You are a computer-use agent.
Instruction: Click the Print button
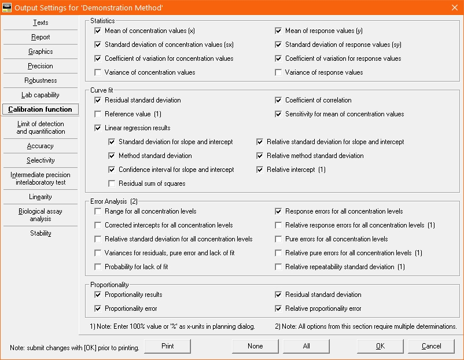pos(167,346)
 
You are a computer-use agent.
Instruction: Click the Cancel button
pos(431,346)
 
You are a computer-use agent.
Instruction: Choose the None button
pos(255,346)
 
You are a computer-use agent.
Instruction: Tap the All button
pos(306,346)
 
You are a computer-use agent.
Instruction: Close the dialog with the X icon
pos(454,7)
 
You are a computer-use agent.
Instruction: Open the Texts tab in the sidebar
pos(40,23)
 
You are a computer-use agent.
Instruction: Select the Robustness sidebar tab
pos(40,80)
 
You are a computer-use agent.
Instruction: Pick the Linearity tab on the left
pos(40,197)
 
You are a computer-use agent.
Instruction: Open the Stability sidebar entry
pos(40,233)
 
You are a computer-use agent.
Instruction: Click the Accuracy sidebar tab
pos(40,146)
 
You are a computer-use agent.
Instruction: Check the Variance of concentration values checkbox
pos(98,72)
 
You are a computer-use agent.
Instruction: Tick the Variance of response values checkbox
pos(278,72)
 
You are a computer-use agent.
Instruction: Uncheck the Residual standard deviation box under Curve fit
pos(98,100)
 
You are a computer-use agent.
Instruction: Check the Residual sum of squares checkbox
pos(112,183)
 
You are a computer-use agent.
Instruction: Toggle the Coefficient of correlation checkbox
pos(278,100)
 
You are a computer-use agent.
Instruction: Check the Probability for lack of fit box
pos(98,267)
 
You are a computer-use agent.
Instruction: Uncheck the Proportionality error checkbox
pos(98,308)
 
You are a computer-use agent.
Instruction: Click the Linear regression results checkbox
pos(98,128)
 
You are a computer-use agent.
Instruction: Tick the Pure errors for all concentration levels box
pos(278,239)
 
